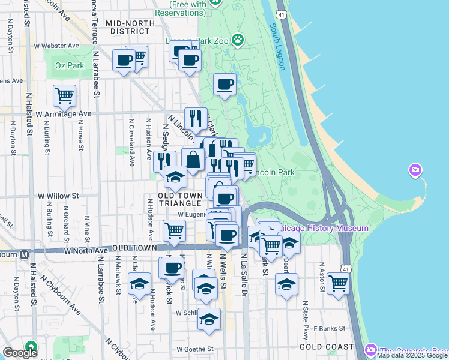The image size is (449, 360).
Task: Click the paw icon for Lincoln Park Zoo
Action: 238,40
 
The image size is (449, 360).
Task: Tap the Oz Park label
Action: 67,65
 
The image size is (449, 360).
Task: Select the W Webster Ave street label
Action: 57,46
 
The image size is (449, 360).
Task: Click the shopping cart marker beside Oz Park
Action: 64,95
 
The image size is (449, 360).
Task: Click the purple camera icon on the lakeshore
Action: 415,171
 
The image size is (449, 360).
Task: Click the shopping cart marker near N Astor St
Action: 338,283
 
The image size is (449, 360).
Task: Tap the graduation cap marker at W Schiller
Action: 209,320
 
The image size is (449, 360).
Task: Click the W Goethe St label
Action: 195,349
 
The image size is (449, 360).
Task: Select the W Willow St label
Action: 59,196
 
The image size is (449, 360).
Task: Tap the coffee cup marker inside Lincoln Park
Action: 225,85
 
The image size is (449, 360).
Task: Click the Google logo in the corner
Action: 19,353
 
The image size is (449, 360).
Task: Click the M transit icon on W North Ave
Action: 25,254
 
